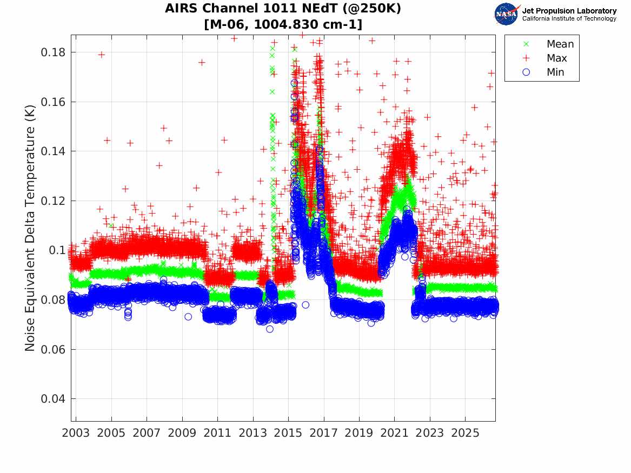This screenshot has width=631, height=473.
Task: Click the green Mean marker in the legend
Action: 526,44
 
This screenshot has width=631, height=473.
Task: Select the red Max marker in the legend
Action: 526,58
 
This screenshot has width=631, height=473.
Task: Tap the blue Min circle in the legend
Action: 526,72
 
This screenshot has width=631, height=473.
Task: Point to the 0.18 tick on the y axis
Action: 52,52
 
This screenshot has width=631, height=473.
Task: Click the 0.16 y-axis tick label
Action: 52,102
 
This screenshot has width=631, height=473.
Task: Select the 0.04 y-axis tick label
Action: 52,398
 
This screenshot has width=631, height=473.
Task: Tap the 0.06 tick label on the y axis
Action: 52,349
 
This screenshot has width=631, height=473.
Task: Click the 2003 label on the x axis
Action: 76,433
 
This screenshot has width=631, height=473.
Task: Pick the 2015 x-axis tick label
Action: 288,433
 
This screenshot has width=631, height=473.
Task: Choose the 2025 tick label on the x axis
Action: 465,433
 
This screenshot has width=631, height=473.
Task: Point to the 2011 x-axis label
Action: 217,433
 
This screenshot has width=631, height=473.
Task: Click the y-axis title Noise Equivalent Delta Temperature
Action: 30,228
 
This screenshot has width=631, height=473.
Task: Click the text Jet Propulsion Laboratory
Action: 569,11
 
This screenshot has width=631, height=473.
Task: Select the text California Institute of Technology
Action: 569,18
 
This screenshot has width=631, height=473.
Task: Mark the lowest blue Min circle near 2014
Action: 270,329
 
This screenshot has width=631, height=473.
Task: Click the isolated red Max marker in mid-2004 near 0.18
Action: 102,55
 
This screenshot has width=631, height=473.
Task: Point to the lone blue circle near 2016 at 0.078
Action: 305,305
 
